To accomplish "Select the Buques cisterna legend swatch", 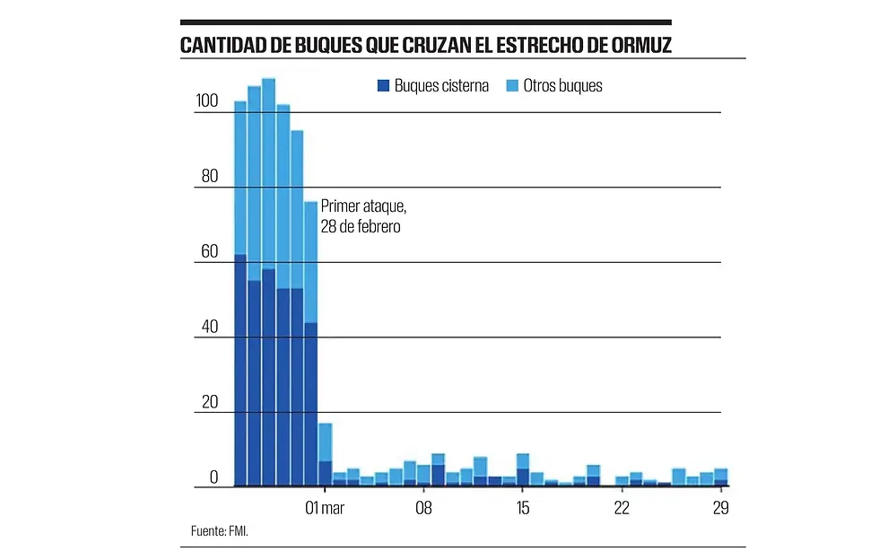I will pos(383,86).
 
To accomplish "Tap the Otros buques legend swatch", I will pos(512,86).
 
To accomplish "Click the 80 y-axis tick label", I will pos(209,176).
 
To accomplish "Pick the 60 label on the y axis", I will pos(209,251).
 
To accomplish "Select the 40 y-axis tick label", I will pos(209,327).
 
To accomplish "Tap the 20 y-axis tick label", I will pos(209,401).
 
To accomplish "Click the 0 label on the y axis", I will pos(213,477).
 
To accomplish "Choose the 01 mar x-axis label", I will pos(325,508).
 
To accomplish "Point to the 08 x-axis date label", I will pos(424,508).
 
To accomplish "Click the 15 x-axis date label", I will pos(523,508).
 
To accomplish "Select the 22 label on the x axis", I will pos(622,508).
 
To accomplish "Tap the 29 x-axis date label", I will pos(720,508).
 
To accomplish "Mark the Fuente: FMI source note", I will pos(220,531).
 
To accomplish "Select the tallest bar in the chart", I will pos(268,269).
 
